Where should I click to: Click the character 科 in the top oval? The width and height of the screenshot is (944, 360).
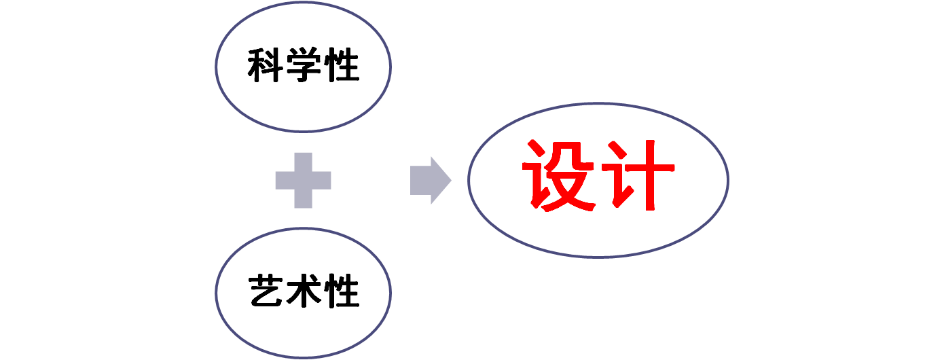(x=265, y=67)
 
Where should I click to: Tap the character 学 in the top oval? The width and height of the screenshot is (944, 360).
(x=303, y=67)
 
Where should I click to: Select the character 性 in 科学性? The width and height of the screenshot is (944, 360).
(x=341, y=67)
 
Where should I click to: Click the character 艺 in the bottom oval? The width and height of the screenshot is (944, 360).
(x=265, y=292)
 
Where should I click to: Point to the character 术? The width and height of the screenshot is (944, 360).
(x=303, y=292)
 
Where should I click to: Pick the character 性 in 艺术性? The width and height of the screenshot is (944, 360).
(x=341, y=292)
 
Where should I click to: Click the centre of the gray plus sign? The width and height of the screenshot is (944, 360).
(x=303, y=180)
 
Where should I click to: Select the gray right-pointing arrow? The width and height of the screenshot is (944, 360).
(x=430, y=180)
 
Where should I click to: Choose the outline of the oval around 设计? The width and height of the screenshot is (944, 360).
(x=469, y=180)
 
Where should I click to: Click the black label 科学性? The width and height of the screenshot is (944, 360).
(x=303, y=67)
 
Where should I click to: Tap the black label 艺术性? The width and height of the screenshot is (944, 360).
(x=303, y=292)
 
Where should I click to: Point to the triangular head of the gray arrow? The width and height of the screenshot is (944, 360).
(x=440, y=180)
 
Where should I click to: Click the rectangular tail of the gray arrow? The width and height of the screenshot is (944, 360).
(x=420, y=180)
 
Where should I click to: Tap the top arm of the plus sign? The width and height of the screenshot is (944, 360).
(x=303, y=162)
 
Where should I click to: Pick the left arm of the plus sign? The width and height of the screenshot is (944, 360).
(x=285, y=180)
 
